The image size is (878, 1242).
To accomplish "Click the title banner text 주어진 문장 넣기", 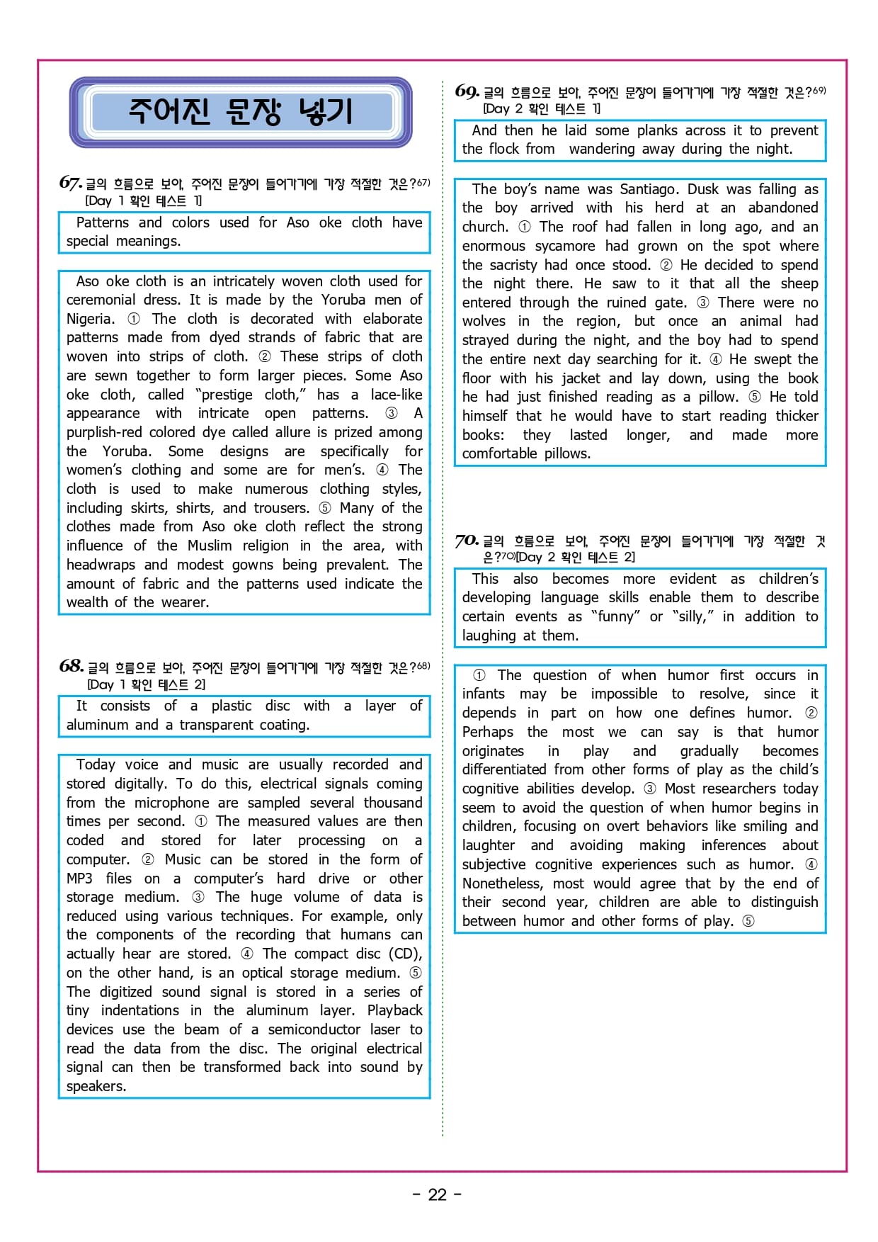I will click(x=240, y=112).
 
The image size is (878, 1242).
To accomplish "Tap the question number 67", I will click(x=70, y=183).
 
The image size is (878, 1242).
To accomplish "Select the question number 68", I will click(x=71, y=666).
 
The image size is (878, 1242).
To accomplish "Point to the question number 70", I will click(x=467, y=541).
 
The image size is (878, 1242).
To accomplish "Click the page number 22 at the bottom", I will click(x=438, y=1195).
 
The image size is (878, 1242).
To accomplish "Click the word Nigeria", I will click(x=90, y=319).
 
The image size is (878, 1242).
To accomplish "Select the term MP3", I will click(x=79, y=879).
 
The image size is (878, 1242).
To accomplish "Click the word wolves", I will click(x=484, y=321).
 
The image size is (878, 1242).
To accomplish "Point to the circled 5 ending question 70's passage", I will click(x=748, y=921).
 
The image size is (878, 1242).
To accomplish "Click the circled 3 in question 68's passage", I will click(x=198, y=897).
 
